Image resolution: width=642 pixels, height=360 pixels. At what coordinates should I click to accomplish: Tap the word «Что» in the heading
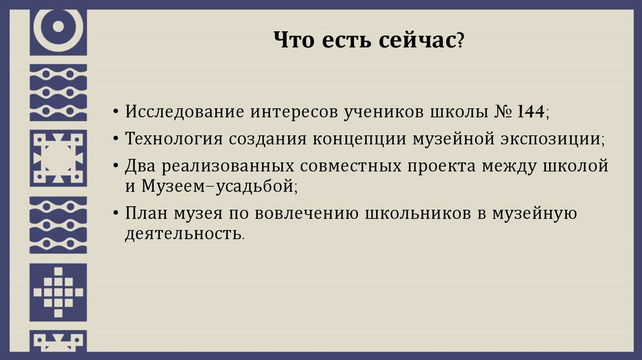click(x=293, y=42)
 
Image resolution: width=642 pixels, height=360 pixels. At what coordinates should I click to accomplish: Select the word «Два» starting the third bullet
click(x=139, y=166)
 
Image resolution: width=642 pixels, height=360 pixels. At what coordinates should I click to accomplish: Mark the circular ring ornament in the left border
click(x=58, y=27)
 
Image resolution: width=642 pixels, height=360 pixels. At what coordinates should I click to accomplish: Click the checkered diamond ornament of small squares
click(x=58, y=292)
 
